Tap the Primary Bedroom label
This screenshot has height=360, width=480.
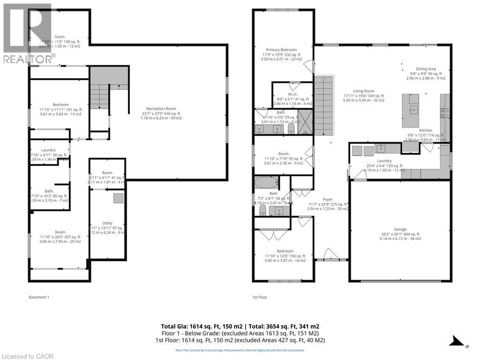[x=282, y=50]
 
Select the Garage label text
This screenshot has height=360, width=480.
[x=400, y=230]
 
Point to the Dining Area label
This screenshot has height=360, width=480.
[x=425, y=69]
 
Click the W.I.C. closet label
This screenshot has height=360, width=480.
[x=293, y=94]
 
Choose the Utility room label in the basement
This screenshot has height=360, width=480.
[x=107, y=223]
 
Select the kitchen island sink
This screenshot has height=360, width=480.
[x=413, y=111]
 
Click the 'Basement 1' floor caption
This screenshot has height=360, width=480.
[x=39, y=297]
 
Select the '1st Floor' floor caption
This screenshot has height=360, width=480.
[x=260, y=297]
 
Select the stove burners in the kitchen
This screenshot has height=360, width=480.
[x=445, y=112]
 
